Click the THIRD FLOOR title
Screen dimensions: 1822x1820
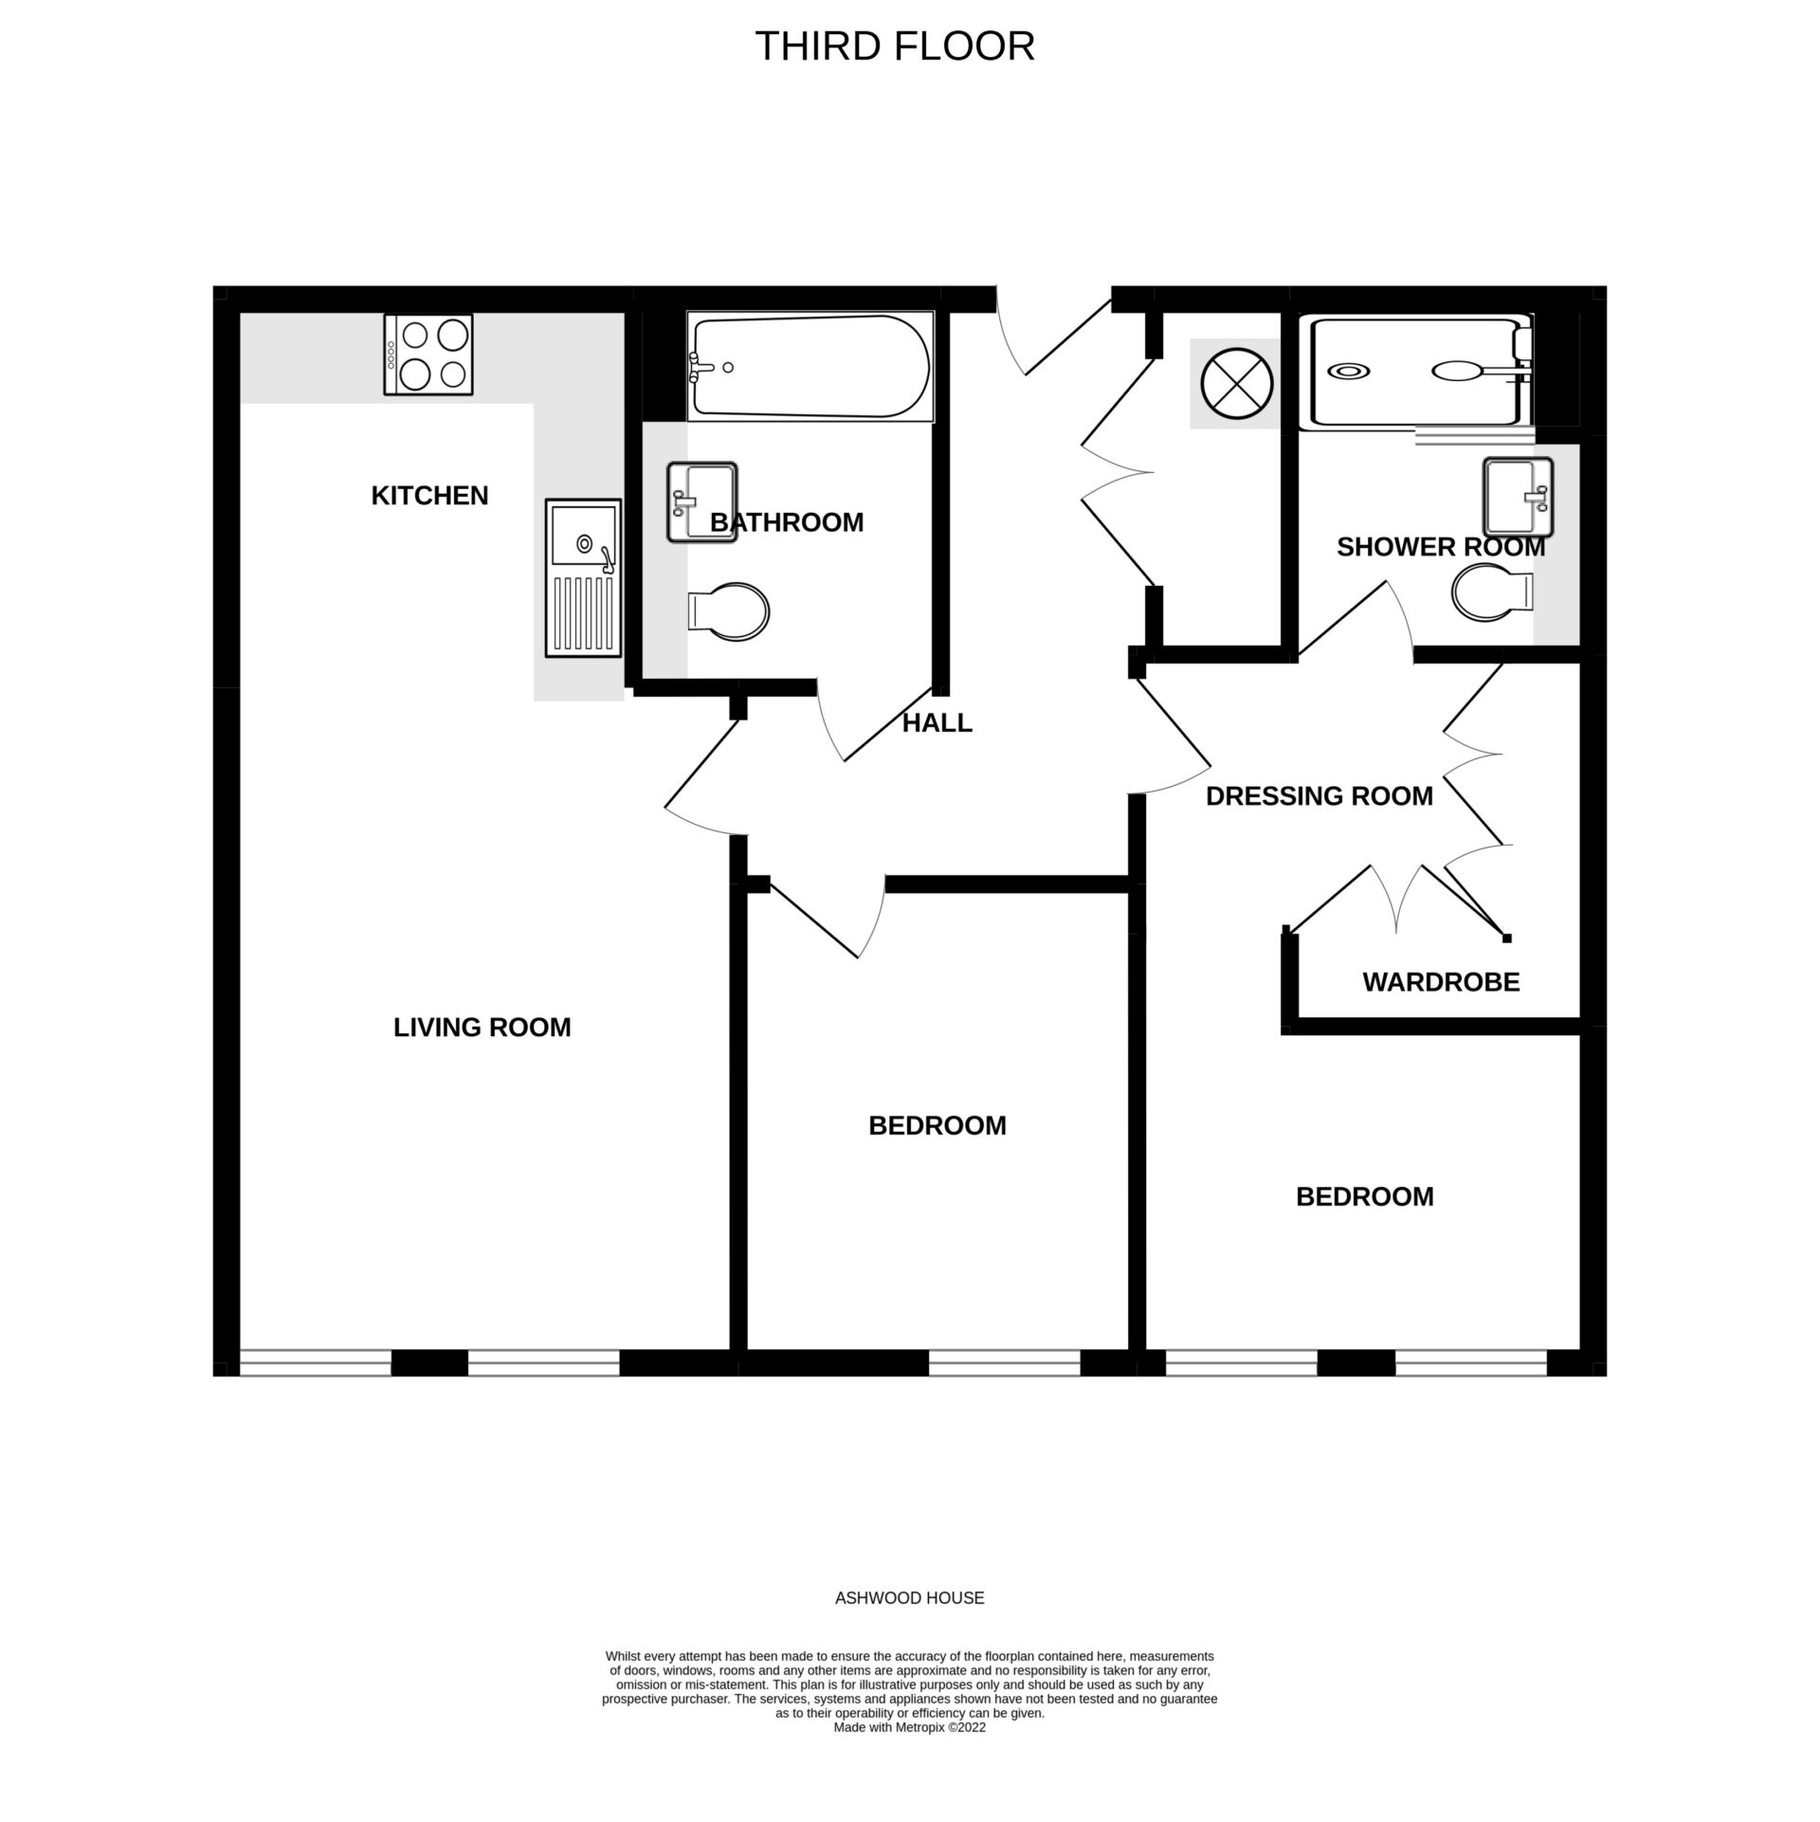[x=894, y=46]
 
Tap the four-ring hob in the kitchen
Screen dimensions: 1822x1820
[x=428, y=355]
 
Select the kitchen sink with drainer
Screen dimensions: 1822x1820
[x=582, y=578]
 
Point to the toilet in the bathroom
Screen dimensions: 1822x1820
[x=727, y=610]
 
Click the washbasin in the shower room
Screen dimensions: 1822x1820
[x=1518, y=496]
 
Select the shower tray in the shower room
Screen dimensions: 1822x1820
[x=1418, y=372]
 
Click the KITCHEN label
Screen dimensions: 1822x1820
[x=429, y=496]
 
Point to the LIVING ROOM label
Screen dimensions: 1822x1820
[x=482, y=1028]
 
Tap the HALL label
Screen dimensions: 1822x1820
[x=937, y=723]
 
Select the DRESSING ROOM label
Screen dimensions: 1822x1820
[x=1319, y=796]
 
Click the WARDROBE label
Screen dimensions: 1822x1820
[x=1441, y=982]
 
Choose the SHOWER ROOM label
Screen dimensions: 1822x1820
[x=1440, y=547]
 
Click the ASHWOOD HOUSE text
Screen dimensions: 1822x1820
[x=909, y=1598]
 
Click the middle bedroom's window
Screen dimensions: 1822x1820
[x=1004, y=1363]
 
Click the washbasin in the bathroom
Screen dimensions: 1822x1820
[x=701, y=501]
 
